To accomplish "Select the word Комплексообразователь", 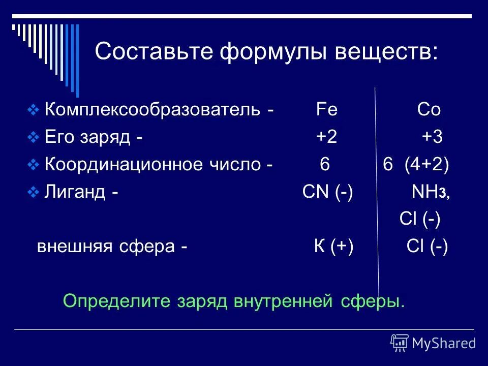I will click(x=152, y=110).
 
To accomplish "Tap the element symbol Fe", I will click(x=326, y=110).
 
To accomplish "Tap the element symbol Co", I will click(x=429, y=110).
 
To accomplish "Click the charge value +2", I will click(x=326, y=137).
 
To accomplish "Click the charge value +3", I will click(x=433, y=137).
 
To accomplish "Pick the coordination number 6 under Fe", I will click(x=325, y=165).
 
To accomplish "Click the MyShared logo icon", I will click(x=400, y=343).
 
